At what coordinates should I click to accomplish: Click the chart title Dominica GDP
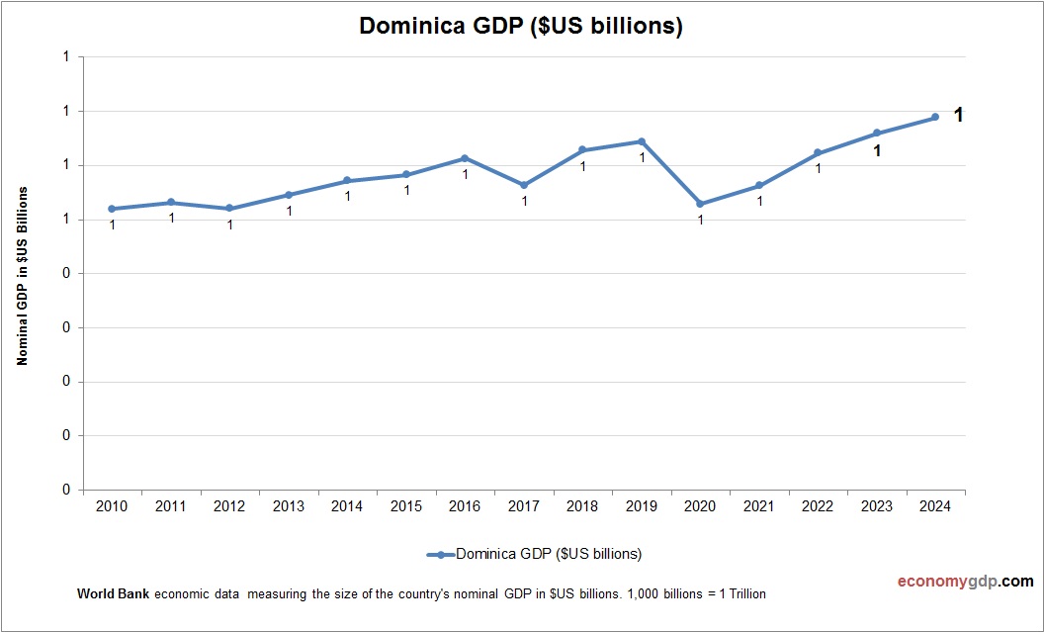pos(521,27)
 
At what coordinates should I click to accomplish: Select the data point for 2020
pos(700,204)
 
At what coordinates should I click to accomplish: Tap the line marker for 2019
pos(642,141)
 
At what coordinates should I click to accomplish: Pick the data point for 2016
pos(465,158)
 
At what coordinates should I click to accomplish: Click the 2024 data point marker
pos(935,117)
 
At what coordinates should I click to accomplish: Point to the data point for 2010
pos(112,209)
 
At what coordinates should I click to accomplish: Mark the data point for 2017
pos(524,185)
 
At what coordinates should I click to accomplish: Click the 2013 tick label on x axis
pos(289,506)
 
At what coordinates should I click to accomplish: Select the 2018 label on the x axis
pos(582,506)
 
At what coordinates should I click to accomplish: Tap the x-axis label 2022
pos(818,506)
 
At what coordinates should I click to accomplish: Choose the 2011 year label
pos(171,506)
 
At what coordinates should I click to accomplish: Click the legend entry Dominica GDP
pos(548,554)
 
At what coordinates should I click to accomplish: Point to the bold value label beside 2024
pos(958,116)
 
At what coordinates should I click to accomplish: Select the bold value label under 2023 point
pos(877,151)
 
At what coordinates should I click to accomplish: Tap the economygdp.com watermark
pos(951,582)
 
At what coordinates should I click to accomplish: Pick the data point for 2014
pos(347,181)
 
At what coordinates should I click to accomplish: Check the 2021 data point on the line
pos(759,185)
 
